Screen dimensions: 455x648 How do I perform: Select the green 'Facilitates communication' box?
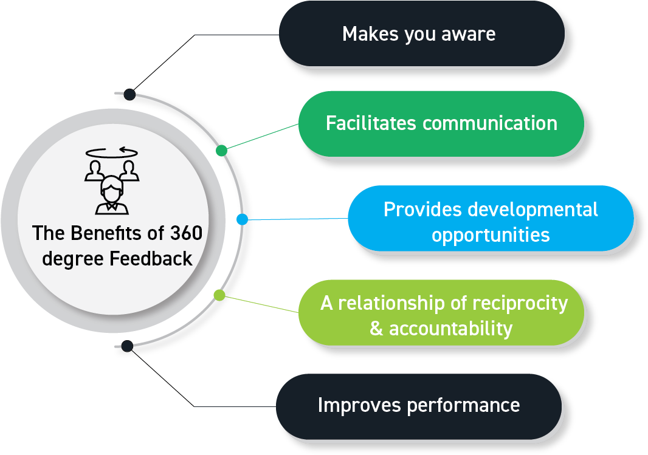point(441,123)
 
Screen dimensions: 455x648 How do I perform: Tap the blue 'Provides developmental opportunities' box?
point(491,221)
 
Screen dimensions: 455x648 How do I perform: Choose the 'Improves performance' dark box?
point(418,405)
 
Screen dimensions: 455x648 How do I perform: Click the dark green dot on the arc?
point(222,150)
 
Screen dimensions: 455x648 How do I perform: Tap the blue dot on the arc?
point(242,219)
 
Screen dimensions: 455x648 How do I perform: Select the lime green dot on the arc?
point(219,295)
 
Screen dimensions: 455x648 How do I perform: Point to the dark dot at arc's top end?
point(129,94)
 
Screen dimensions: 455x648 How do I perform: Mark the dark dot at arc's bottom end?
point(126,346)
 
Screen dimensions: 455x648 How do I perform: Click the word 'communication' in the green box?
point(489,123)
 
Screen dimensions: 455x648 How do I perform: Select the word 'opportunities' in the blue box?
point(491,235)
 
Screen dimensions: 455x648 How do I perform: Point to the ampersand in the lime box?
point(376,329)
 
